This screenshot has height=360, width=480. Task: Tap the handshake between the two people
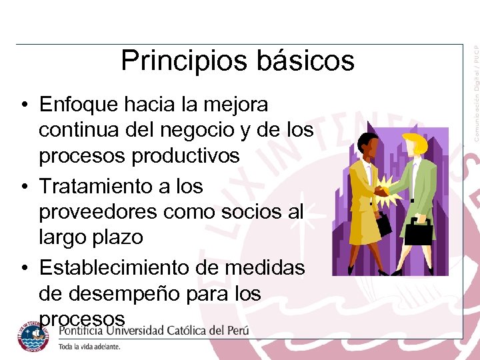[383, 191]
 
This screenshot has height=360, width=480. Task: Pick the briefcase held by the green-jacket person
[419, 231]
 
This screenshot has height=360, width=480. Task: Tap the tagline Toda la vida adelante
[89, 347]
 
